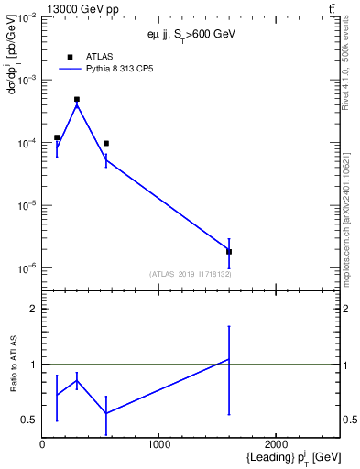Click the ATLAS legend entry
[x=99, y=56]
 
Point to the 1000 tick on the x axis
[x=159, y=443]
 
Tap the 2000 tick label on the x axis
[x=277, y=443]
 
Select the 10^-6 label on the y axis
[x=24, y=268]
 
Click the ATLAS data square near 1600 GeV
[x=229, y=251]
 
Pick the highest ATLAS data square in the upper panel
[x=77, y=99]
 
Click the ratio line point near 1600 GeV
[x=229, y=359]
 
